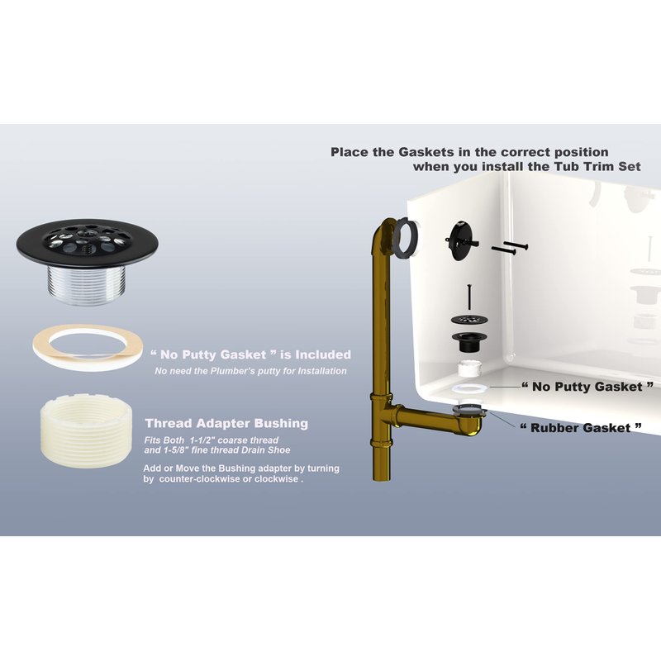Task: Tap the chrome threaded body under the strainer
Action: coord(87,283)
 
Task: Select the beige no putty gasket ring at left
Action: coord(88,348)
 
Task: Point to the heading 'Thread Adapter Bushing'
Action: coord(226,423)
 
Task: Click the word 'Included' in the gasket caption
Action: coord(323,355)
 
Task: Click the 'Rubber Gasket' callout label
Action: coord(581,428)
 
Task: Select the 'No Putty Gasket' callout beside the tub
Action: coord(587,387)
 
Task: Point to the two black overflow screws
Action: coord(509,249)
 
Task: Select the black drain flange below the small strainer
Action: coord(468,341)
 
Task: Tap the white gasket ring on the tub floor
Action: coord(468,388)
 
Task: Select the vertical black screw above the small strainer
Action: coord(468,297)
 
